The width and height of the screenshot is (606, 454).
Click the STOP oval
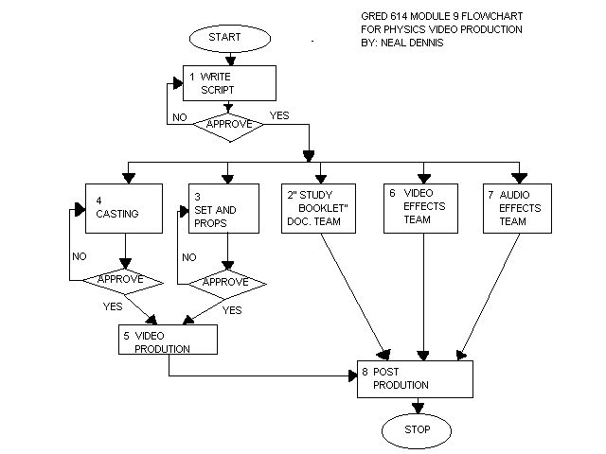(417, 428)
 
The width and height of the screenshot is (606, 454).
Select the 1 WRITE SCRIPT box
(229, 83)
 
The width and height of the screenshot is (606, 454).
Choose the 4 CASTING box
(124, 207)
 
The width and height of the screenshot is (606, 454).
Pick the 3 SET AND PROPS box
(225, 207)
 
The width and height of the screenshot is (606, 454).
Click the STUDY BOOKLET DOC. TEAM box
(319, 207)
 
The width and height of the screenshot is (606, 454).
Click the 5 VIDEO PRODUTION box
(169, 340)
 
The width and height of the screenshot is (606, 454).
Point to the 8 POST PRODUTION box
(415, 377)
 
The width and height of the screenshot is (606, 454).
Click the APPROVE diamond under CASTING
(125, 280)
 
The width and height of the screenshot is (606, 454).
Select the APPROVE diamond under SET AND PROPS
(225, 282)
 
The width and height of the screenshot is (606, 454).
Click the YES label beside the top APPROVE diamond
(280, 116)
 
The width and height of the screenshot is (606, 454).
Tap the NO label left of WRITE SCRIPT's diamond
(179, 118)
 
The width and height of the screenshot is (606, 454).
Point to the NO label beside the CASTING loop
(80, 255)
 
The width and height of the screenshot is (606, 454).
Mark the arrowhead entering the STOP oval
(417, 408)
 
